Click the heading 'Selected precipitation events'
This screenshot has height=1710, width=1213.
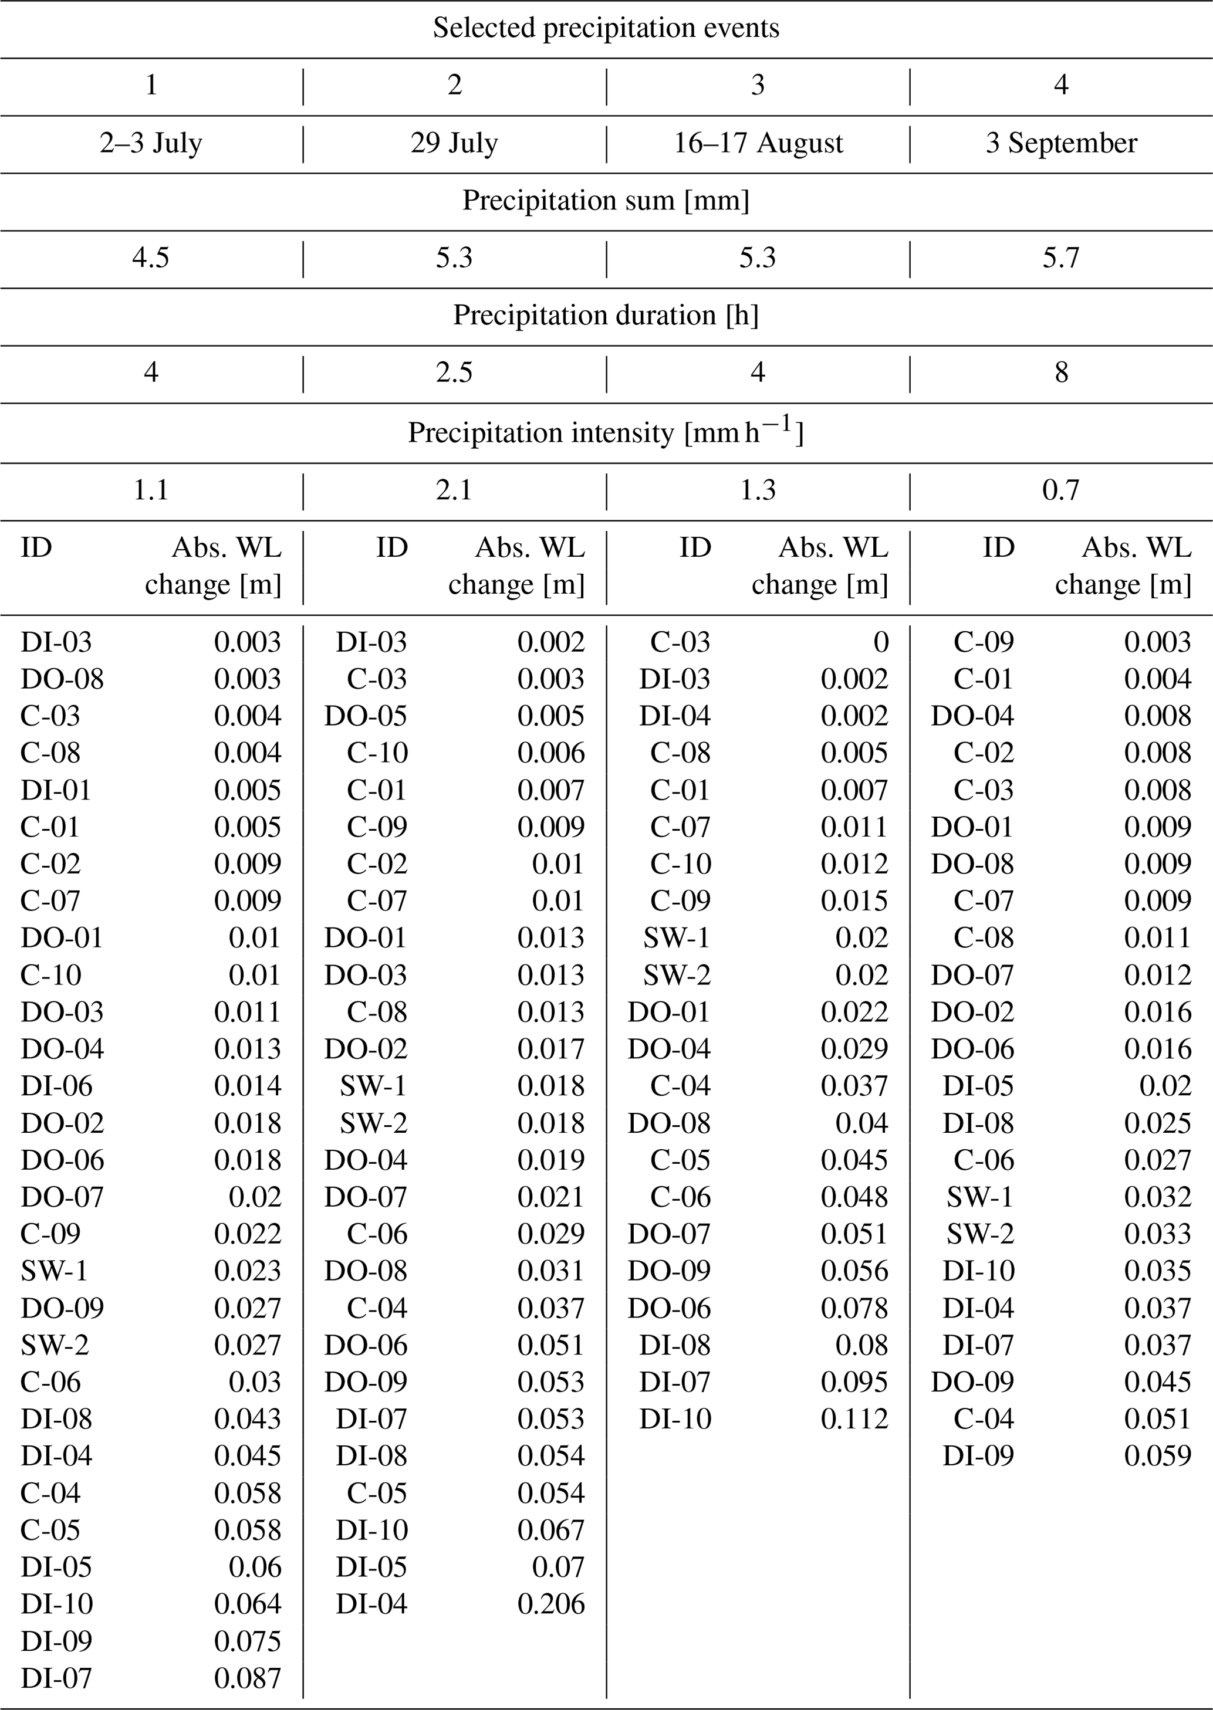[x=606, y=28]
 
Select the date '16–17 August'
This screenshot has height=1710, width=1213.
[x=758, y=143]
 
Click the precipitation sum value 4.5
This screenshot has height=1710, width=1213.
[x=151, y=258]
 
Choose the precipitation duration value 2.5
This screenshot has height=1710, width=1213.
[x=454, y=373]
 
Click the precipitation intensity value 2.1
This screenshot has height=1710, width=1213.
[x=454, y=490]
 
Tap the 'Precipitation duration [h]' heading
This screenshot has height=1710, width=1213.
[x=606, y=316]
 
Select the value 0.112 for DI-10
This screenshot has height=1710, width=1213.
[x=854, y=1419]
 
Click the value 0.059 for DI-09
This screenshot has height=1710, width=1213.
[x=1158, y=1456]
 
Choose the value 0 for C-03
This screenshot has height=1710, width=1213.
[x=881, y=642]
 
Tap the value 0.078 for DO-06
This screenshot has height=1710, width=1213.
[x=854, y=1308]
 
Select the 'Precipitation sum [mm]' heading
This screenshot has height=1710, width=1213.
[x=606, y=201]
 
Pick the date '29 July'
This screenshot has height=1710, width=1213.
[x=454, y=143]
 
